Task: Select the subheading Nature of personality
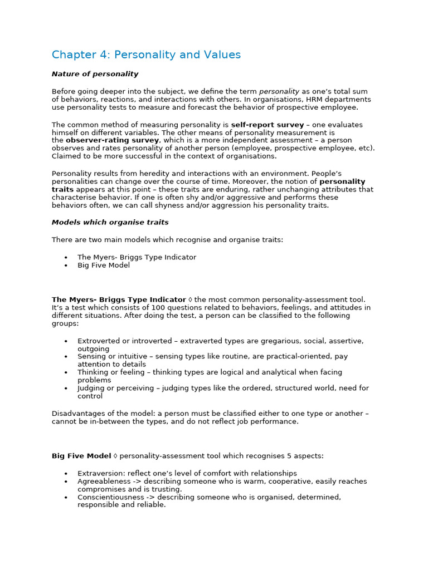click(x=95, y=74)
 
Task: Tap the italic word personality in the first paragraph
click(x=279, y=91)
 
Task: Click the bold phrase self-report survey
click(x=267, y=125)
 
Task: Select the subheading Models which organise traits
click(x=110, y=222)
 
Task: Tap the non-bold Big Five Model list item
click(x=104, y=266)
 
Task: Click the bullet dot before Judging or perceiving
click(x=66, y=388)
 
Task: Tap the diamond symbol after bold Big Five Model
click(x=115, y=456)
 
